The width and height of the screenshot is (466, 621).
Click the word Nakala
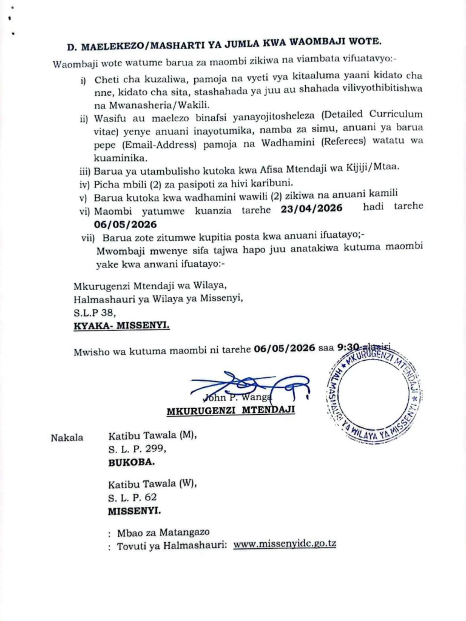[67, 437]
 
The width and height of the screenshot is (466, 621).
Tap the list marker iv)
[86, 181]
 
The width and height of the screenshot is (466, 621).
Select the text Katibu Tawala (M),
[152, 435]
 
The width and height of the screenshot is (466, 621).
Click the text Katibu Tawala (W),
[152, 485]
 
